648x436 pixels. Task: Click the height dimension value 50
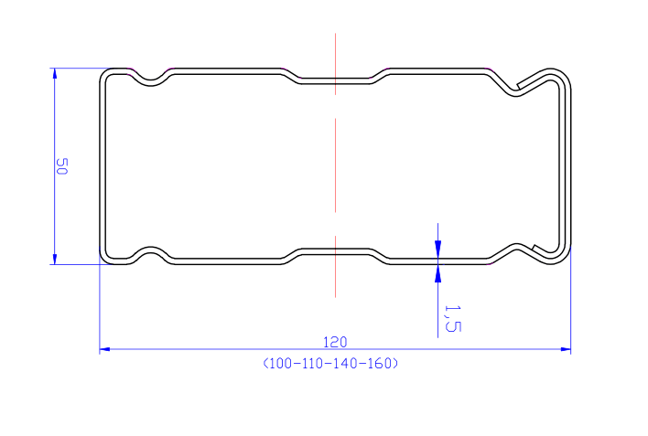point(61,166)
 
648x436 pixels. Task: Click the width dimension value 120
point(335,342)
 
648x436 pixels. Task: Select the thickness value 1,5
point(452,318)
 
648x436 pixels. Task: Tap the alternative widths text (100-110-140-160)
point(330,364)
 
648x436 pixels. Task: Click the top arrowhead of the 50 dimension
point(54,73)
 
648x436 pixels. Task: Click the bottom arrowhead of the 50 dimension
point(54,259)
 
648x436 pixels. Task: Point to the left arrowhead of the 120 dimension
point(105,349)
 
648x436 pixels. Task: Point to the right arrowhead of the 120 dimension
point(566,349)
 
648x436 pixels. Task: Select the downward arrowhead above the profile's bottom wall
point(438,250)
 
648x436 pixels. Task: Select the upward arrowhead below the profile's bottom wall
point(438,273)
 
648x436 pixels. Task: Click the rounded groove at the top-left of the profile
point(151,81)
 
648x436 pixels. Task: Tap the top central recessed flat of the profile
point(335,80)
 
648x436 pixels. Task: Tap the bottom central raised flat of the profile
point(335,251)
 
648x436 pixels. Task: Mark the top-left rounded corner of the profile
point(105,74)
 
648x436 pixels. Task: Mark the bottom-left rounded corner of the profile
point(105,258)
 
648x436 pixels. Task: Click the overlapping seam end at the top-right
point(518,86)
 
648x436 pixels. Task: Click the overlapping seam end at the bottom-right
point(534,248)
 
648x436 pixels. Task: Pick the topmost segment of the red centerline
point(335,64)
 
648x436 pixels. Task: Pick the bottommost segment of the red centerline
point(335,267)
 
